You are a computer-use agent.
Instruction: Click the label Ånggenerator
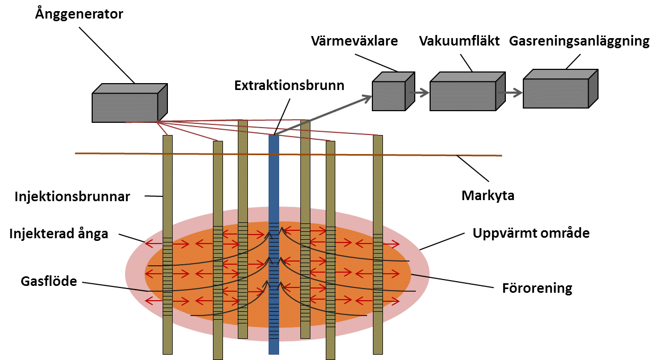(79, 14)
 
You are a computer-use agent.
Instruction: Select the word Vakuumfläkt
(459, 41)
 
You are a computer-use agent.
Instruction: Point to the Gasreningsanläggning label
(579, 41)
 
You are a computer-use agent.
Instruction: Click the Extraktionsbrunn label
(290, 85)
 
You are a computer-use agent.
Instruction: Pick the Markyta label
(488, 195)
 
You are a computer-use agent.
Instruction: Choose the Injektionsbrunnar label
(72, 197)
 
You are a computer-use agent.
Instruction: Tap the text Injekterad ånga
(59, 233)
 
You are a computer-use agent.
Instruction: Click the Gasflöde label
(42, 281)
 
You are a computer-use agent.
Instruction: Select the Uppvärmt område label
(531, 233)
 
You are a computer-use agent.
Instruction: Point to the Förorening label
(537, 288)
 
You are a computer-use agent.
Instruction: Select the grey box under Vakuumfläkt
(463, 94)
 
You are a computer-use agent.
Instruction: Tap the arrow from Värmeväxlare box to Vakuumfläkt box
(418, 93)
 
